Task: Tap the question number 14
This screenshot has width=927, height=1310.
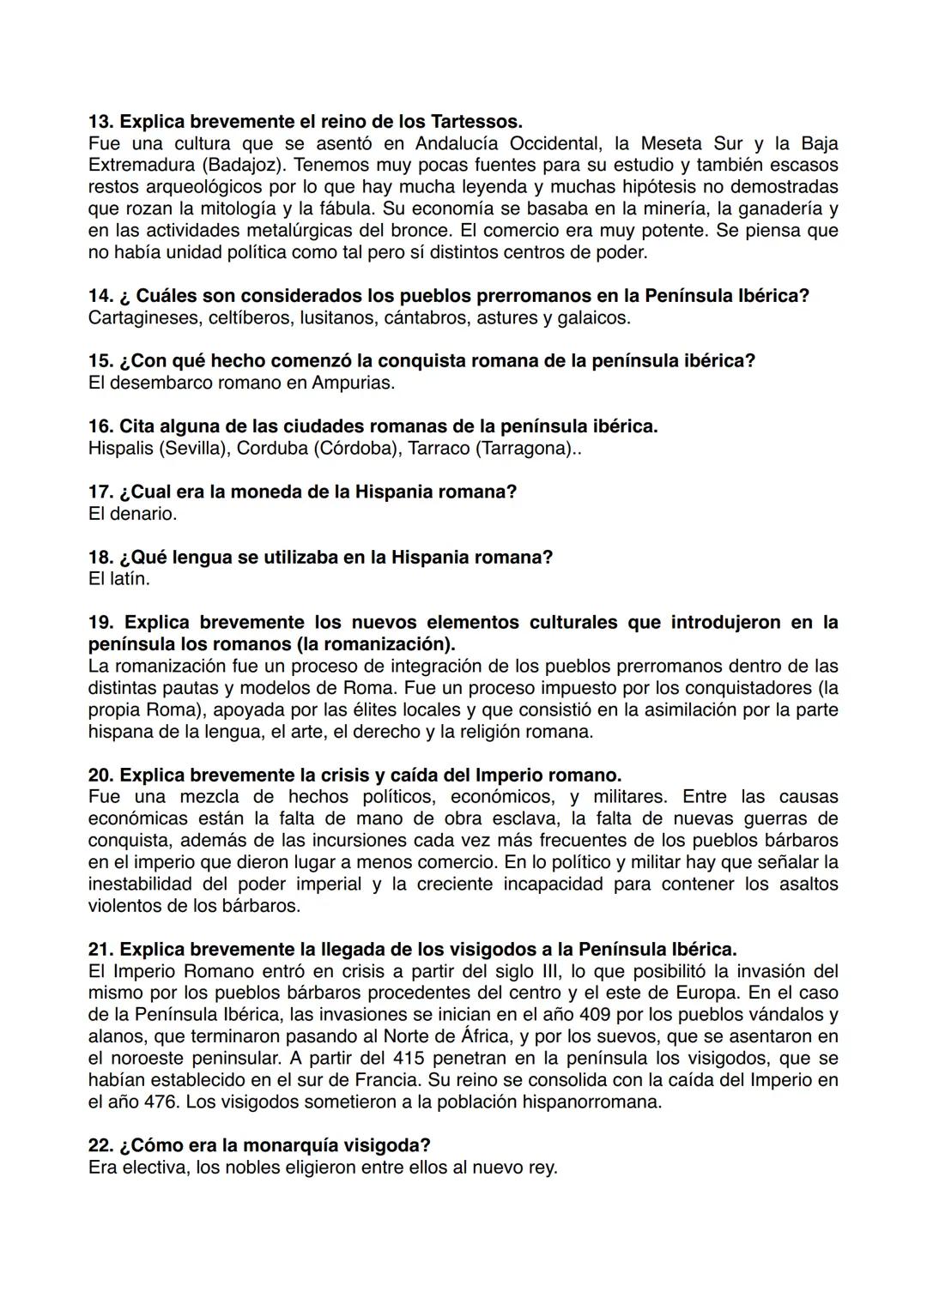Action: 100,296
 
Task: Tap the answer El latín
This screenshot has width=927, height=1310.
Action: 118,579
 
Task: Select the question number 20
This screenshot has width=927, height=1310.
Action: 100,776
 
